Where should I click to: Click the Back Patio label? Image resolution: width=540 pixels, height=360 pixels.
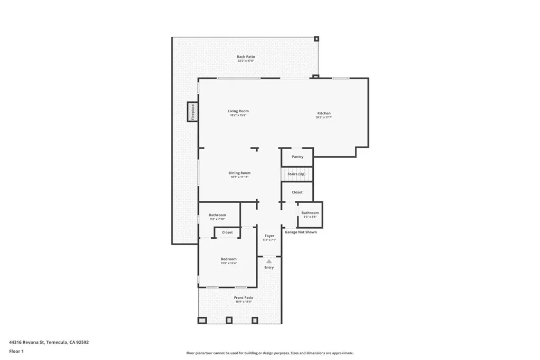pos(245,57)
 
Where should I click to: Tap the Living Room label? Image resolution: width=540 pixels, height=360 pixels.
pos(238,111)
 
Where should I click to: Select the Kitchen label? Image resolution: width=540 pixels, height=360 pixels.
pos(324,114)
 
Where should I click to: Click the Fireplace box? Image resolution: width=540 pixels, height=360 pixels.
pos(192,112)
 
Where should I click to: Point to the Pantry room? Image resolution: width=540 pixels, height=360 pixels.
pos(297,157)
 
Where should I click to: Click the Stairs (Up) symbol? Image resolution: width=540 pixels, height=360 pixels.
pos(296,174)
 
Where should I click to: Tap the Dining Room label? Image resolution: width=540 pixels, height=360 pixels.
pos(239,173)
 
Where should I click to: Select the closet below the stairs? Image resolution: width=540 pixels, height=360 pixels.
pos(297,192)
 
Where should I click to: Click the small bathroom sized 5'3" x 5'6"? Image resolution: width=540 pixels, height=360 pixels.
pos(310,214)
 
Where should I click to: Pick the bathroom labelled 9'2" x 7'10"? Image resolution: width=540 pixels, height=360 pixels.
pos(217,216)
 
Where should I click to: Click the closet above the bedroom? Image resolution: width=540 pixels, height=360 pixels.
pos(227,232)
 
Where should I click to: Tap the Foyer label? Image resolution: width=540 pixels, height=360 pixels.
pos(269,236)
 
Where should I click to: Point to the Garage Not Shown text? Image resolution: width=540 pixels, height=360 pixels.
pos(301,232)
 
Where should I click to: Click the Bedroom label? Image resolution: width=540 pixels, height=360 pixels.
pos(228,259)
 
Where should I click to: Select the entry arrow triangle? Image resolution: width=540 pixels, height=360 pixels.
pos(269,261)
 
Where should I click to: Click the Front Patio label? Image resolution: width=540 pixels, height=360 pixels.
pos(244,298)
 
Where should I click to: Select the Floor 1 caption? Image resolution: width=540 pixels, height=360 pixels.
pos(16,351)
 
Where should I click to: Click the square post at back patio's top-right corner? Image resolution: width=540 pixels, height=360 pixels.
pos(316,38)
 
